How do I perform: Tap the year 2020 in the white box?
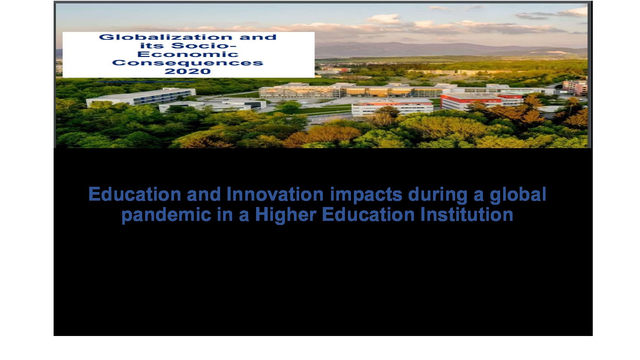click(x=187, y=71)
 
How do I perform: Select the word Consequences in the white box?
click(x=187, y=63)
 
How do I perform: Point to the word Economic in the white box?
click(x=188, y=54)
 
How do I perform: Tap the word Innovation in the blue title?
click(x=275, y=194)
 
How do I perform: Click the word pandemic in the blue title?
click(x=166, y=215)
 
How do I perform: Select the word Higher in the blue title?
click(x=285, y=215)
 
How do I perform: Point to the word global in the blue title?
click(x=518, y=195)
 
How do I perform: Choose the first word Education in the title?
click(x=135, y=194)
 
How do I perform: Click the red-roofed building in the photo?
click(x=482, y=100)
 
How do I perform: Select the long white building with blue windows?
click(x=141, y=97)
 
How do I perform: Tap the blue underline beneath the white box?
click(x=146, y=82)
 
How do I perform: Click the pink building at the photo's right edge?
click(x=575, y=87)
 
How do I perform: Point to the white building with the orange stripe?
click(x=392, y=107)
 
